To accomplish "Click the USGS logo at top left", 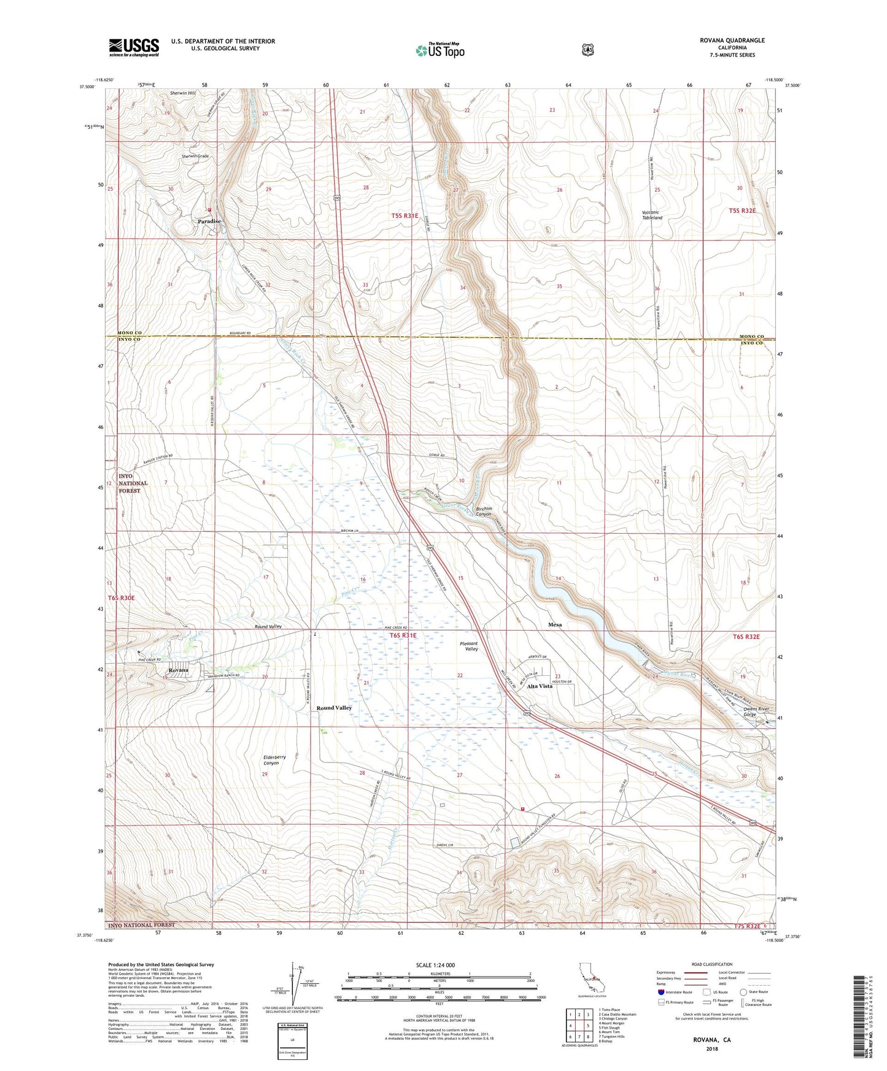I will pos(134,47).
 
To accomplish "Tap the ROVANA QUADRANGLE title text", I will pos(732,40).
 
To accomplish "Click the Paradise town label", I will pos(209,221).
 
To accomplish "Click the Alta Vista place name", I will pos(540,686).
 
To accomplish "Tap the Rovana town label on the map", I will pos(178,670).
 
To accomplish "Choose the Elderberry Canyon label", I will pos(274,760).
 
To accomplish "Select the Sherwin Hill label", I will pos(182,93).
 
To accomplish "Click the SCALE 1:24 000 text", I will pos(435,965).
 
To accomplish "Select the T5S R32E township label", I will pos(742,210).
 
